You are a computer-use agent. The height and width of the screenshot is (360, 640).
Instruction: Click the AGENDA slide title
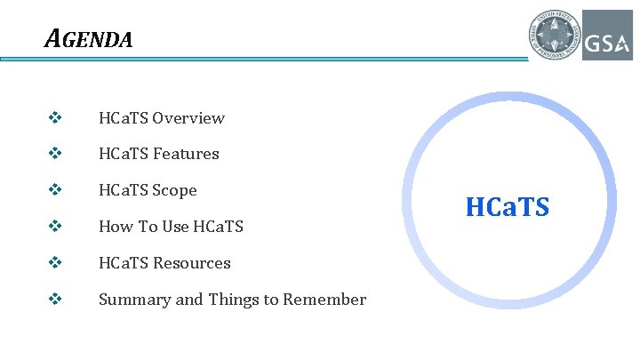click(x=89, y=39)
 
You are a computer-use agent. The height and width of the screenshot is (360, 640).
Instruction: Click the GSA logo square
click(x=607, y=36)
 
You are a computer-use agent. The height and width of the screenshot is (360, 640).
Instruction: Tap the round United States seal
click(x=554, y=36)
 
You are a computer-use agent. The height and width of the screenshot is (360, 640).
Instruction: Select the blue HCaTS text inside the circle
click(x=508, y=208)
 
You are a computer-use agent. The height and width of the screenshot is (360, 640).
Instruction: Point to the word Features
click(x=186, y=154)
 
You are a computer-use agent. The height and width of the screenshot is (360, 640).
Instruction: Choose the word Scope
click(x=174, y=190)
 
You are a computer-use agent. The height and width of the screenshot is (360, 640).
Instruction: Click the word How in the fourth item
click(x=115, y=227)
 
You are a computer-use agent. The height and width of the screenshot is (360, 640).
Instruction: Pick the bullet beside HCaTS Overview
click(x=55, y=118)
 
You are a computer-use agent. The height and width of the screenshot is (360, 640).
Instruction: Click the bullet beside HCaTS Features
click(x=55, y=154)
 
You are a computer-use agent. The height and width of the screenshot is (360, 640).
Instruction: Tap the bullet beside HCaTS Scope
click(x=55, y=190)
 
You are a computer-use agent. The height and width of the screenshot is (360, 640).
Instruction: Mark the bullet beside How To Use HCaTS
click(x=55, y=227)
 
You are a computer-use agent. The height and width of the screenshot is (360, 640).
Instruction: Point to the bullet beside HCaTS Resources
click(x=55, y=263)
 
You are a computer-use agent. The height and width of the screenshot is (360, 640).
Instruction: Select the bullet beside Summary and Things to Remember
click(x=55, y=300)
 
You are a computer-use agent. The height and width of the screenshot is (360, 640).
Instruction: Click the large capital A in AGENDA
click(x=53, y=39)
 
